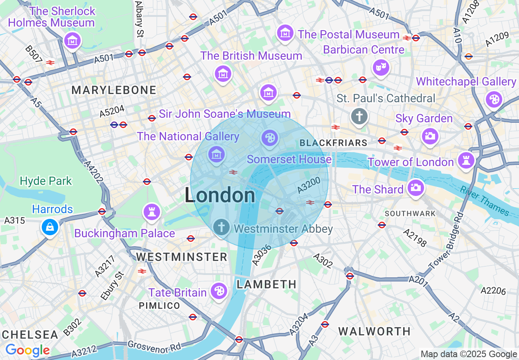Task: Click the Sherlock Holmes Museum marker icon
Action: (x=72, y=40)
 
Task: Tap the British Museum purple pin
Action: (x=223, y=73)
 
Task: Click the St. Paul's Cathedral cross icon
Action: (x=359, y=117)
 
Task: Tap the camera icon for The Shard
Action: (x=415, y=188)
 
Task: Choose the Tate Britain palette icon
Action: (x=219, y=291)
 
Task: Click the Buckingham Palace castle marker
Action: (x=151, y=212)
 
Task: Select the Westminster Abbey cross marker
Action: (x=221, y=226)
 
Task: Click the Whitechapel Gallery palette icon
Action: (x=494, y=99)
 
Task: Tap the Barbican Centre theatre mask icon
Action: (x=381, y=67)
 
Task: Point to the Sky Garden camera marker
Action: (x=430, y=136)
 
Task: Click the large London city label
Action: (x=220, y=196)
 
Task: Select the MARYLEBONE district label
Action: (x=114, y=90)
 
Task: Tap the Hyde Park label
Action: (x=46, y=181)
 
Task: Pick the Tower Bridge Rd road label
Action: (x=446, y=241)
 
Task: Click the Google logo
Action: (x=27, y=350)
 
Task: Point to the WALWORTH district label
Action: (x=375, y=331)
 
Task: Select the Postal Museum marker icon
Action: (x=285, y=33)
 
